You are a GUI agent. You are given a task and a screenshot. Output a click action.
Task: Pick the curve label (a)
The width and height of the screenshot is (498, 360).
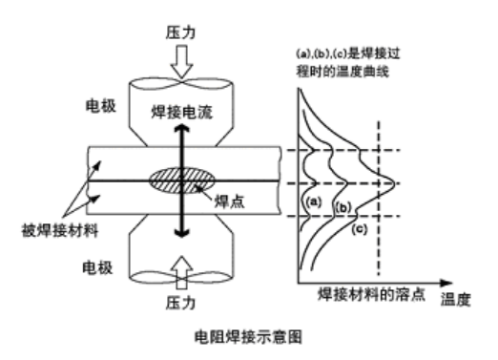pyautogui.click(x=309, y=202)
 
